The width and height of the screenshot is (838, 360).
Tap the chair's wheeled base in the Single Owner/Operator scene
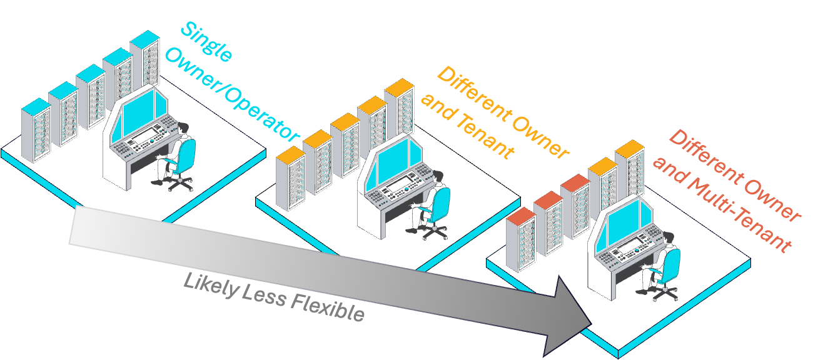(x=178, y=182)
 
